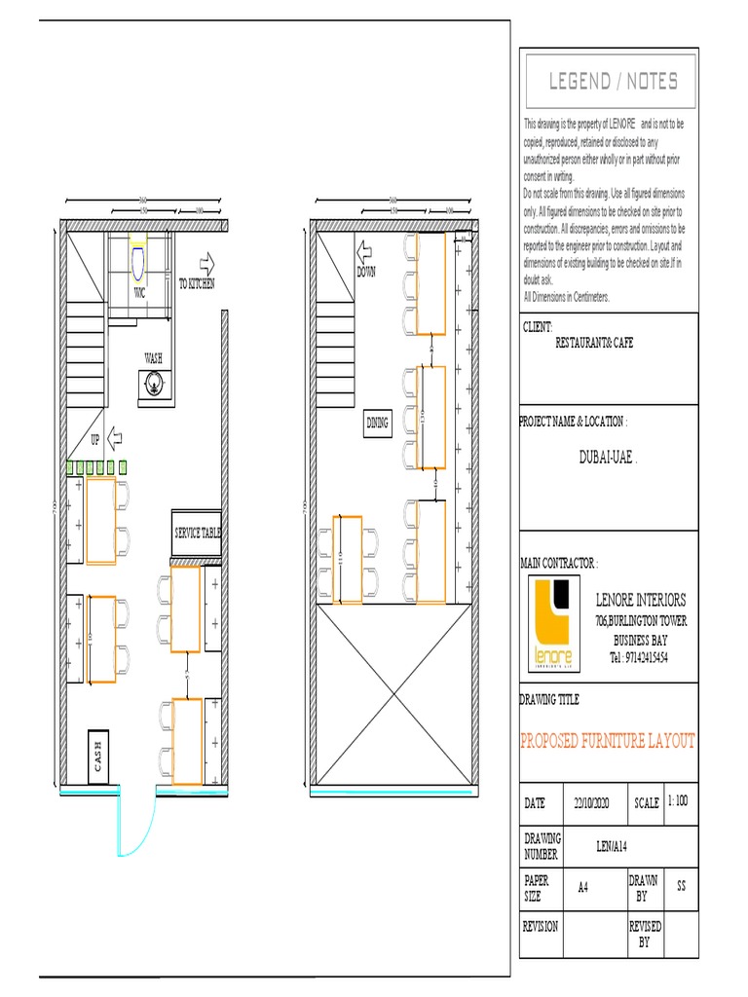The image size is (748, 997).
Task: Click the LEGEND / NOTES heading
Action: [613, 82]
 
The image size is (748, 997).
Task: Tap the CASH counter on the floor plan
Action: [98, 757]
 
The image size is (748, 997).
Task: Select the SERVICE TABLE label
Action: [197, 534]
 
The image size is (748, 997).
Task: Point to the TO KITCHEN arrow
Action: [206, 264]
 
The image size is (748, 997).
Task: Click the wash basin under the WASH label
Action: [154, 385]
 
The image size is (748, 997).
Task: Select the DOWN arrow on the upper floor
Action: [366, 254]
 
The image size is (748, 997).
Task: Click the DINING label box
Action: [378, 422]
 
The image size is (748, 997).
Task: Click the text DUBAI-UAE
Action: [608, 456]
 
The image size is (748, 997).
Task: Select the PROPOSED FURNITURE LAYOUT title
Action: [609, 742]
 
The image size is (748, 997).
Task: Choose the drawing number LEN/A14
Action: [615, 846]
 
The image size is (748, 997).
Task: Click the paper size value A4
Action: [583, 887]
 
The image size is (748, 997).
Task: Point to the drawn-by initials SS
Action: [681, 887]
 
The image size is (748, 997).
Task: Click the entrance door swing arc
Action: [141, 832]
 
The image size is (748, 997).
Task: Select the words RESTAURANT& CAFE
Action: [594, 344]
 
